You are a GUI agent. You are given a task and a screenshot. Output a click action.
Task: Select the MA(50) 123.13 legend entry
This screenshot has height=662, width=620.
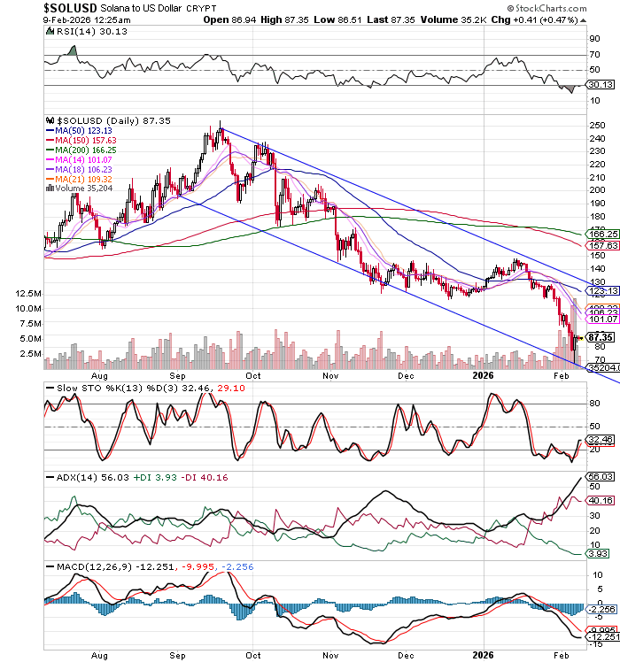coord(80,129)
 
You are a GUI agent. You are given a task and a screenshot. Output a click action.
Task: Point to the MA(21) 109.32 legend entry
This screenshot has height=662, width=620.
coord(80,179)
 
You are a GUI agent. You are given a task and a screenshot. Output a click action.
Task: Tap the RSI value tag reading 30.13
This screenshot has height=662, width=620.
coord(601,85)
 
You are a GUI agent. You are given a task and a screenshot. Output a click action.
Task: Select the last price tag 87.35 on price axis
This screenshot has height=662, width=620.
coord(601,337)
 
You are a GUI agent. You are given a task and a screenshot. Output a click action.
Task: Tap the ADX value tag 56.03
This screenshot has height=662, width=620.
coord(601,476)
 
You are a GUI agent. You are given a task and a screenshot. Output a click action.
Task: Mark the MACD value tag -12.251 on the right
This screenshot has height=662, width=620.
coord(602,637)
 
